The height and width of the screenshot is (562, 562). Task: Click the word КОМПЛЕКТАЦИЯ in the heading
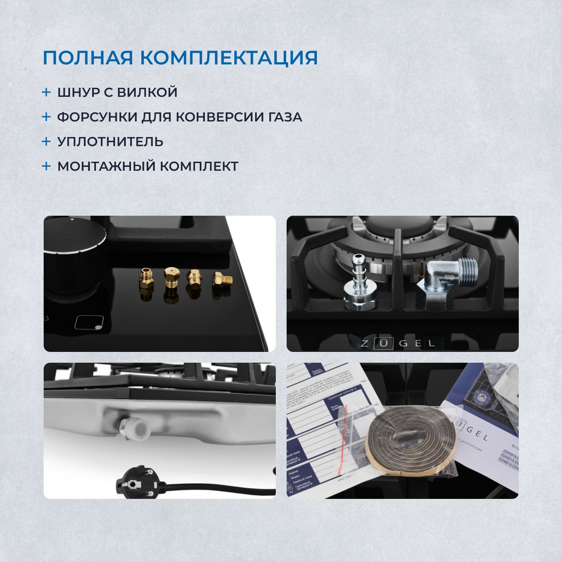click(x=230, y=58)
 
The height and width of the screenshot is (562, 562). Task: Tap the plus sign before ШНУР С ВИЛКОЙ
click(x=46, y=92)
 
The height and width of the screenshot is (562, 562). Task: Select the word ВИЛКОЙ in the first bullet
click(x=147, y=93)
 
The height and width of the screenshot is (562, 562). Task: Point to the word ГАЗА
click(x=285, y=117)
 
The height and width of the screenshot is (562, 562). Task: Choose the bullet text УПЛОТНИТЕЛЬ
click(x=110, y=142)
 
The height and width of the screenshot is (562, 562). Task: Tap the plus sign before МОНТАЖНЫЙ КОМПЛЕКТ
click(x=46, y=166)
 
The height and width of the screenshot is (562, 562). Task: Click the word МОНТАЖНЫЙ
click(x=106, y=166)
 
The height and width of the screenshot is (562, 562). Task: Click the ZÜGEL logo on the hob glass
click(x=398, y=344)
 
